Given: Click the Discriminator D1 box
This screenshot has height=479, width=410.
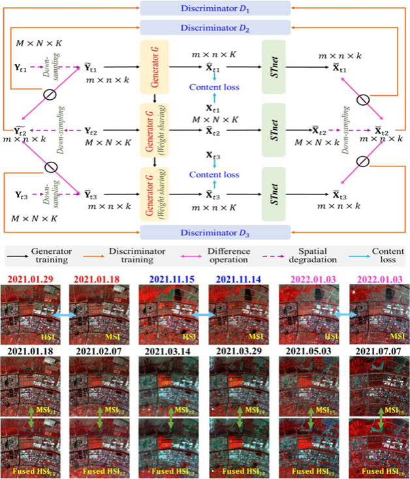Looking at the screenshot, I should tap(215, 8).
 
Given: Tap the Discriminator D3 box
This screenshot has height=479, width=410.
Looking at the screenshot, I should tap(215, 232).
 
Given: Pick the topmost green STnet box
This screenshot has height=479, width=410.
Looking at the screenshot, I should tap(274, 67).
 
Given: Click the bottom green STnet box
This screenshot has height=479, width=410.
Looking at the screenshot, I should tap(274, 194).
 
